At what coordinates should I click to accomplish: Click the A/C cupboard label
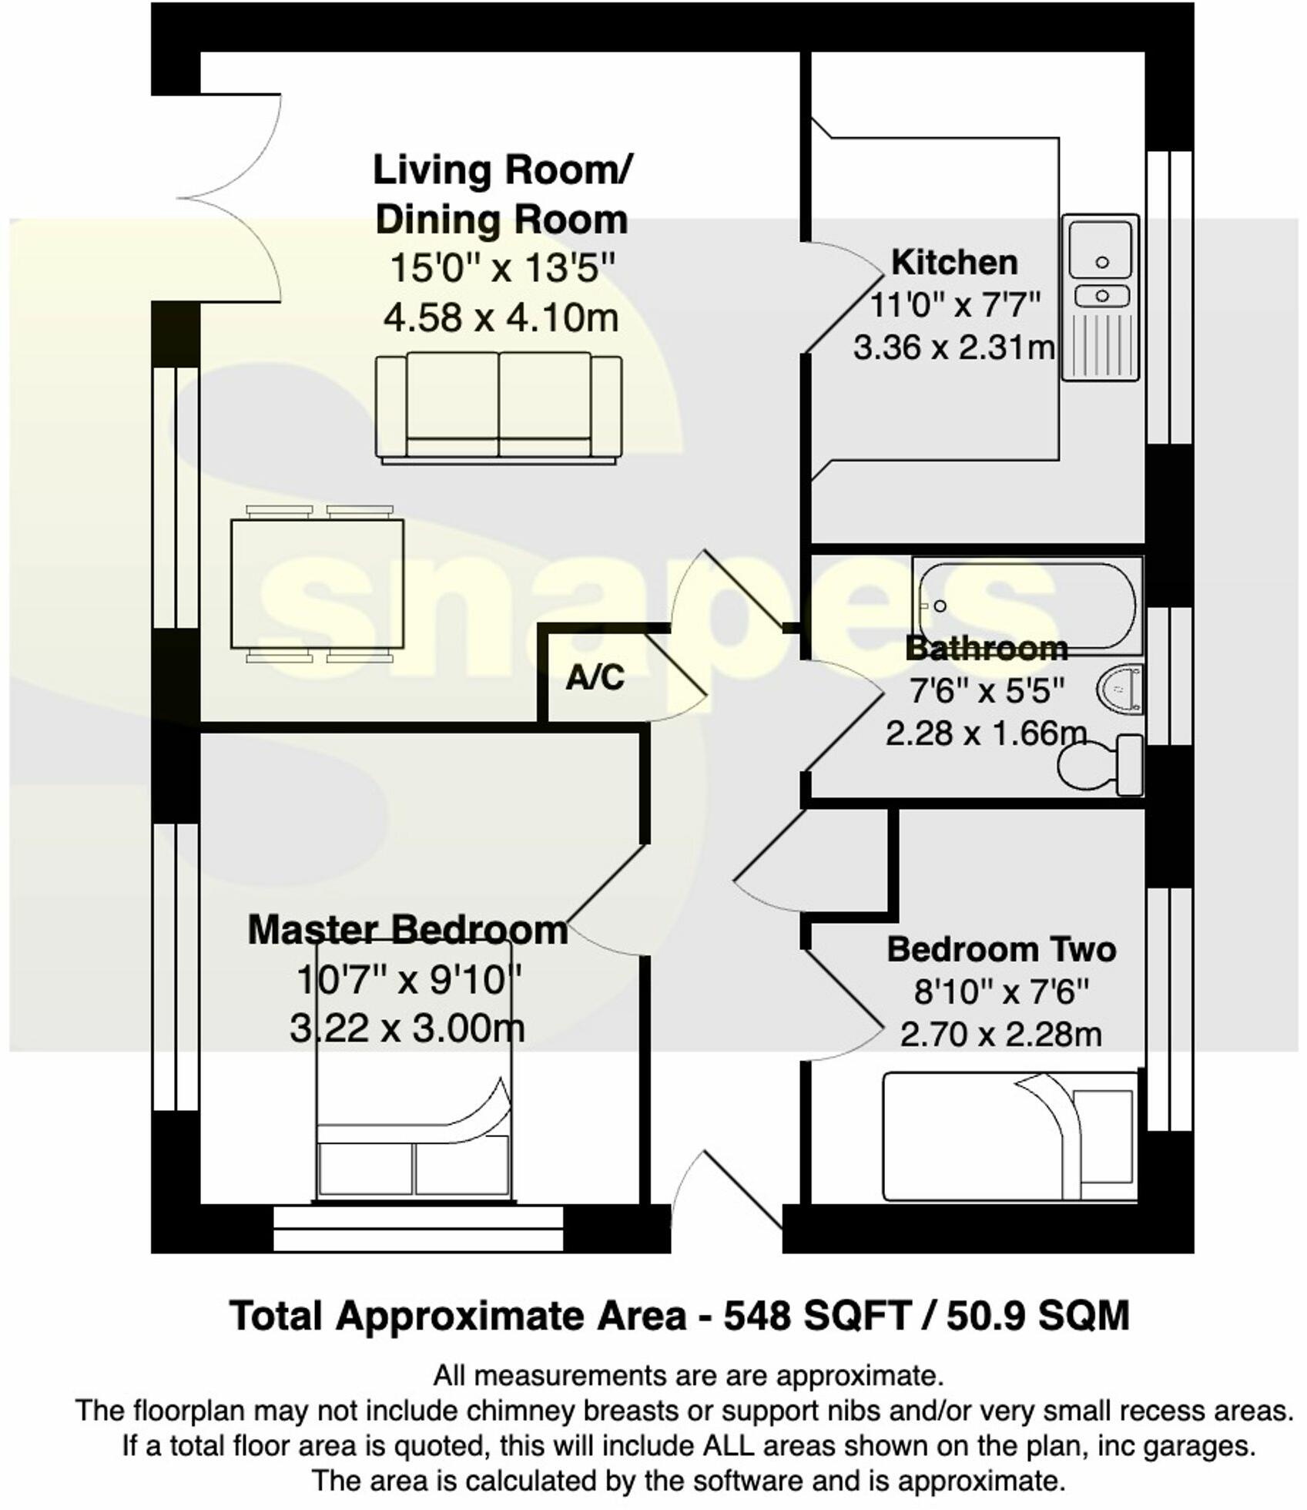point(595,677)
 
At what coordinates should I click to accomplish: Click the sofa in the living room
point(498,407)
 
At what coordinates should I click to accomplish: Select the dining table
point(317,584)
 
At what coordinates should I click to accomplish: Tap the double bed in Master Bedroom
point(414,1109)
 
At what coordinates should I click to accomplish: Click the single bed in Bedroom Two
point(1009,1136)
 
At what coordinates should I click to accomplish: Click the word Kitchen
point(953,262)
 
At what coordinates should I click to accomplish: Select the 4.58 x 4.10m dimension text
point(501,317)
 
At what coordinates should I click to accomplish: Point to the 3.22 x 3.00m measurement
point(407,1028)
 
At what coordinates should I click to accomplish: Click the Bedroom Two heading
point(1000,949)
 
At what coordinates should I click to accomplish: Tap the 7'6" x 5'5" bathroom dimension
point(987,690)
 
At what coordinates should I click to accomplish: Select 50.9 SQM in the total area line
point(1037,1317)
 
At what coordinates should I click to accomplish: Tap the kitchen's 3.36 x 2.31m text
point(953,348)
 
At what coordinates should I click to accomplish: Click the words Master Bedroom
point(407,931)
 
